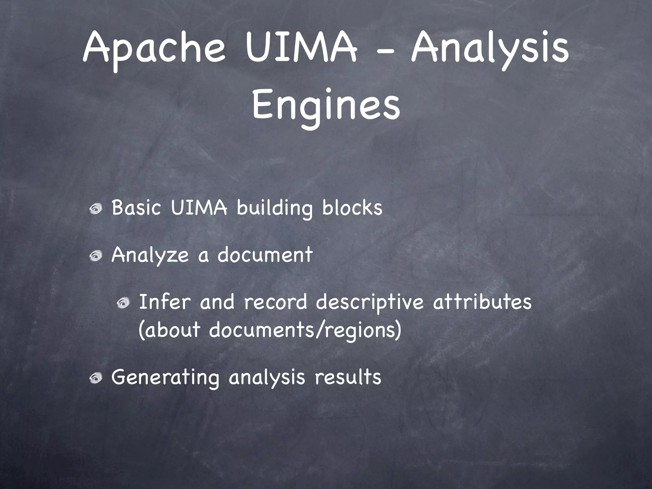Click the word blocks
coord(352,208)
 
